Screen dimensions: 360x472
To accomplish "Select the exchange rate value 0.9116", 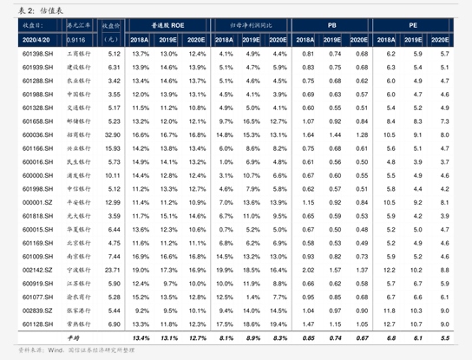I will [x=76, y=40].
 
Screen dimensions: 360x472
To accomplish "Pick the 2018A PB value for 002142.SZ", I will [x=307, y=270].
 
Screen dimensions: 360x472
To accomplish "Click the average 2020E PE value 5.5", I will [x=444, y=337].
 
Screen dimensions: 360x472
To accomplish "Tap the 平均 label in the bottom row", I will [x=75, y=337].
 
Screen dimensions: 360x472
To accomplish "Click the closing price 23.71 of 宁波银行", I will [x=111, y=270].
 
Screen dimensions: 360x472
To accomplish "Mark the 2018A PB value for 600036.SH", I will [x=307, y=134].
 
